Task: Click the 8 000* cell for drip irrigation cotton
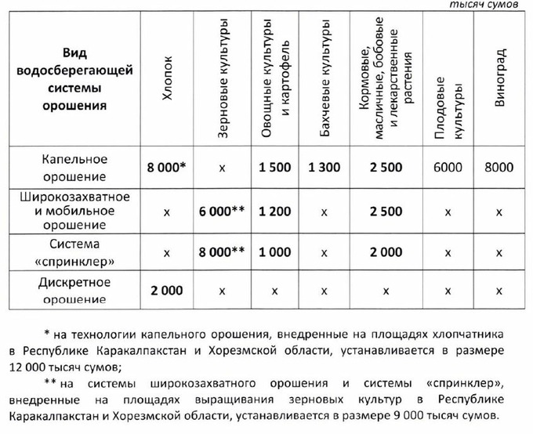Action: [165, 167]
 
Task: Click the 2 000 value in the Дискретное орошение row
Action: [165, 290]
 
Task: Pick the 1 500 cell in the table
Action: [275, 167]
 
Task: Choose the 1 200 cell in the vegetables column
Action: [275, 211]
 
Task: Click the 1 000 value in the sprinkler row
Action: [275, 252]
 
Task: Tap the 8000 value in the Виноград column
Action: [499, 167]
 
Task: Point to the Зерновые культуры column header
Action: [223, 78]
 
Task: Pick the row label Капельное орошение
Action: [74, 166]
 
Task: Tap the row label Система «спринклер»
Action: [74, 252]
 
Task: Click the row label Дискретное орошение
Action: [74, 290]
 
